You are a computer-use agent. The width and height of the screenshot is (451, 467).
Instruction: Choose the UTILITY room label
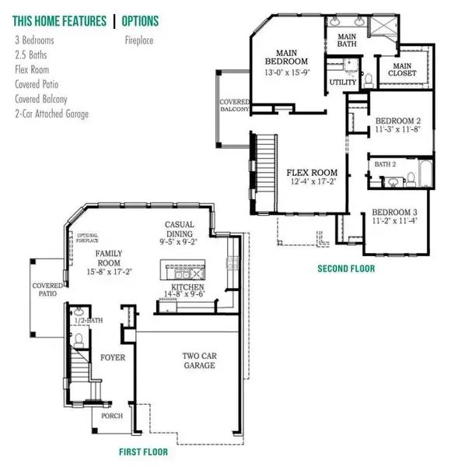point(343,81)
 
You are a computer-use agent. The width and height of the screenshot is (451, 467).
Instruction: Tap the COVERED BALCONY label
point(234,106)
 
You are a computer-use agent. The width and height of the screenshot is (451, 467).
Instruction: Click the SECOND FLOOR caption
point(345,269)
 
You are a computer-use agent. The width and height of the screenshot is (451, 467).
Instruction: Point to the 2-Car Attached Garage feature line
point(52,114)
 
